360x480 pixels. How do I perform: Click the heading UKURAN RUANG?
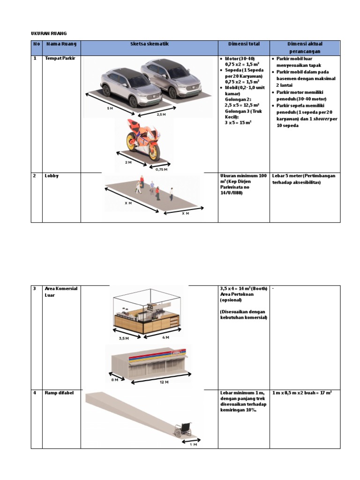point(49,33)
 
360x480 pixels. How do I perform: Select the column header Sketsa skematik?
point(149,44)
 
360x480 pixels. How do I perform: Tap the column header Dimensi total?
point(243,44)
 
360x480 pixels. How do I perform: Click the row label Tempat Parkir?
point(56,59)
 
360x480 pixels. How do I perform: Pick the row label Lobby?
point(51,176)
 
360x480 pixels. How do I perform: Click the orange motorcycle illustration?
point(142,139)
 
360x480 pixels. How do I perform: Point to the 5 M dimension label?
point(110,108)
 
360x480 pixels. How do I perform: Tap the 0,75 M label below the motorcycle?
point(161,169)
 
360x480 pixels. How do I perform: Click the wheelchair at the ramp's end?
point(184,430)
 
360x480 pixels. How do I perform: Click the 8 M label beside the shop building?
point(115,380)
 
